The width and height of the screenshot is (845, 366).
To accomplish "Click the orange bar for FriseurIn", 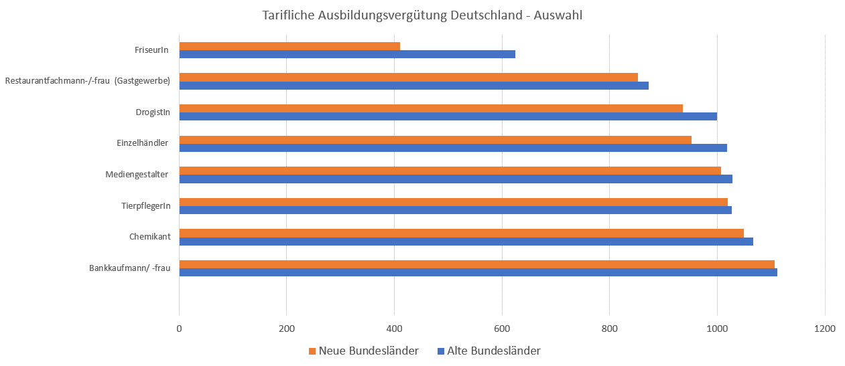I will tap(289, 46).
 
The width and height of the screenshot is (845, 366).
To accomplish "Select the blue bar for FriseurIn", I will tap(347, 54).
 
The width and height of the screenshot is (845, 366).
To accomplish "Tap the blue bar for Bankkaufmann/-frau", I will tap(478, 272).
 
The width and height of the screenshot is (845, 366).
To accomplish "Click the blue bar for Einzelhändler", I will tap(453, 148).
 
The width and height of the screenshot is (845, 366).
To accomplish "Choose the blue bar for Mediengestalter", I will tap(456, 179).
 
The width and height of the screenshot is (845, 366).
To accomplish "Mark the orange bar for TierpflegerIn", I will tap(453, 202).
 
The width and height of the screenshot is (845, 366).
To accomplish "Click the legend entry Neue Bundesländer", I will tap(363, 351).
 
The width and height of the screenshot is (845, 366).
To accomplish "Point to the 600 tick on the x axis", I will tap(502, 329).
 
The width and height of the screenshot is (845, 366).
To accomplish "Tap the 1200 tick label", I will tap(825, 329).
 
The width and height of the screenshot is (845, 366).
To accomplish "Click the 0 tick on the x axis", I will tap(179, 329).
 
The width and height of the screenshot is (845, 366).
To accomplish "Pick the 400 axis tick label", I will tap(394, 329).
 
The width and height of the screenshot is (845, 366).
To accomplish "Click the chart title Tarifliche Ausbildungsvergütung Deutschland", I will tap(422, 14).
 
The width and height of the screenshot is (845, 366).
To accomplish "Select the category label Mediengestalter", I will tap(137, 175).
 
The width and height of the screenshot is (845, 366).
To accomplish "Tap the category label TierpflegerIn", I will tap(141, 206).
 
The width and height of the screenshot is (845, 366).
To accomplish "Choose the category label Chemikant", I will tap(149, 237).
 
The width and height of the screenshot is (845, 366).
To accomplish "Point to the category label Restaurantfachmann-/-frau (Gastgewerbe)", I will tap(87, 81).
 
